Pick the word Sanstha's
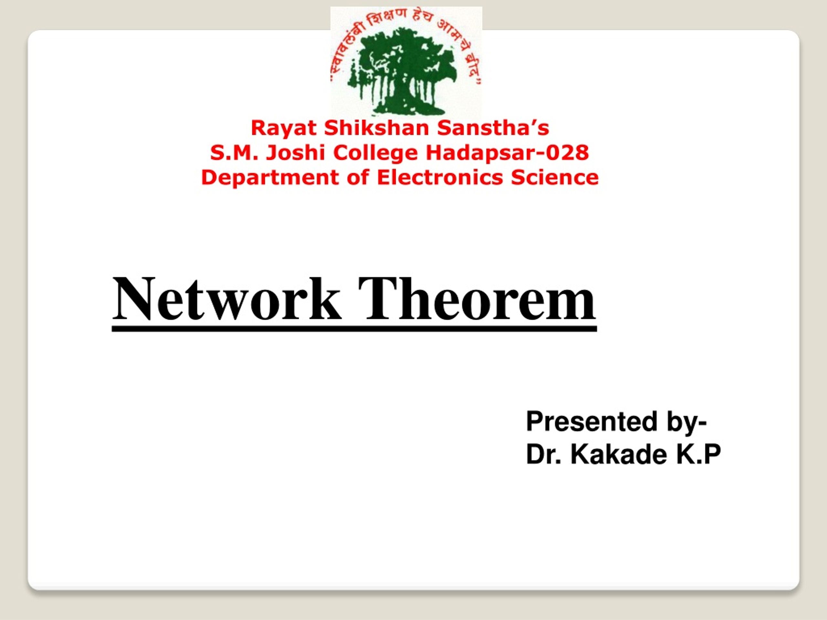[494, 128]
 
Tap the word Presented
[591, 421]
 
